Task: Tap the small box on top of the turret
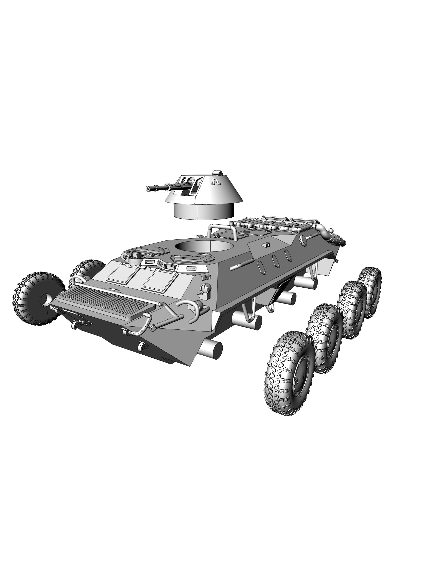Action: coord(217,173)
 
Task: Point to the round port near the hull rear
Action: coord(303,240)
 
